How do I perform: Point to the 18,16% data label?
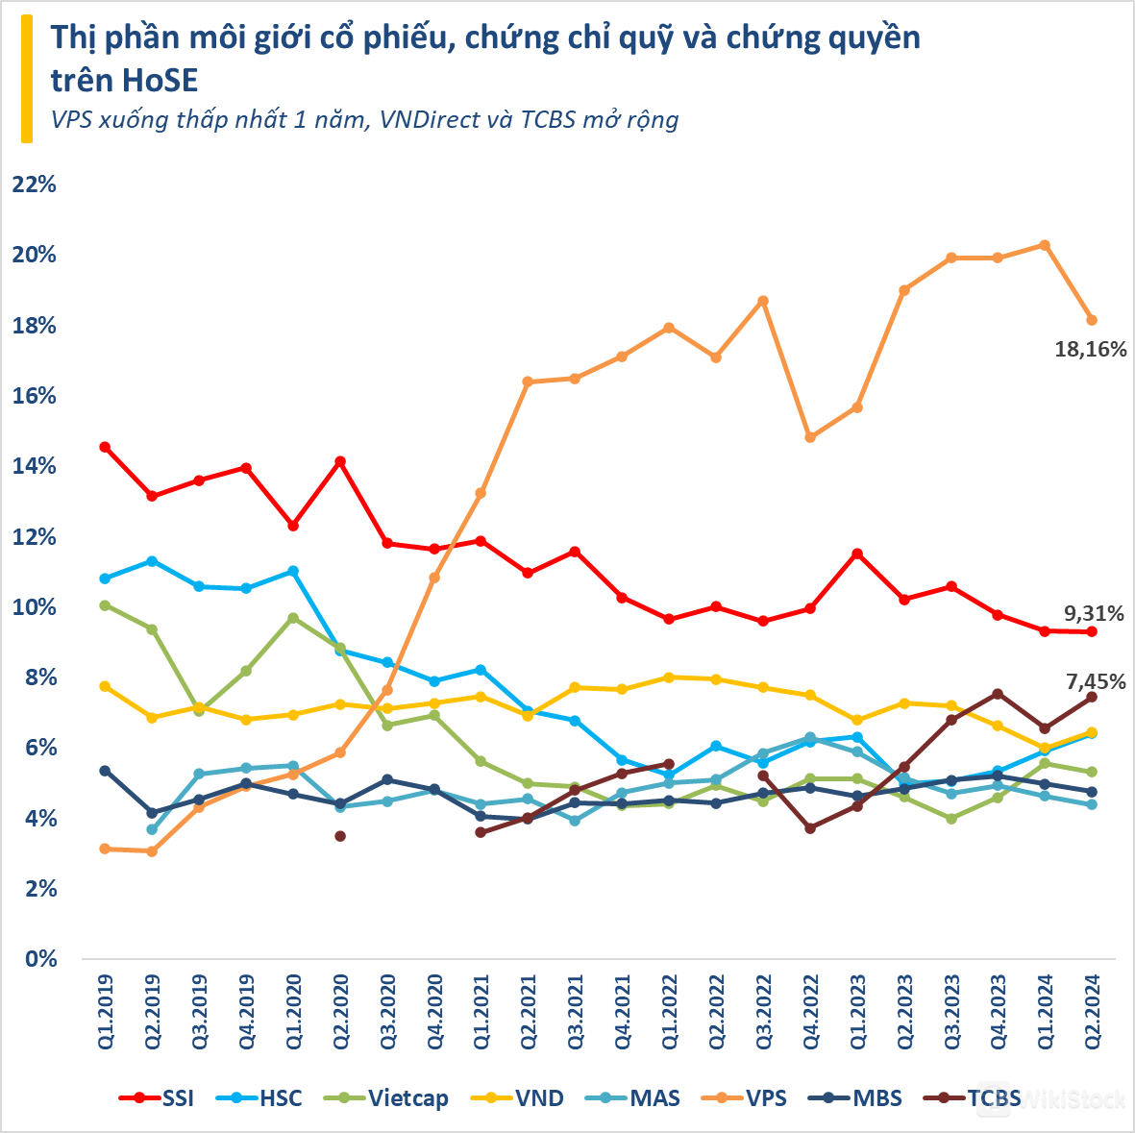pyautogui.click(x=1090, y=350)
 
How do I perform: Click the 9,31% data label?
pyautogui.click(x=1094, y=613)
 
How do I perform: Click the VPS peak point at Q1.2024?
pyautogui.click(x=1045, y=245)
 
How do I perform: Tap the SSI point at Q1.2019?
pyautogui.click(x=105, y=447)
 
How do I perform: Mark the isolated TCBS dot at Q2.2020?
pyautogui.click(x=340, y=836)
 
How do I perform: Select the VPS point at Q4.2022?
pyautogui.click(x=810, y=437)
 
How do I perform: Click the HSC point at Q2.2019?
pyautogui.click(x=152, y=560)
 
